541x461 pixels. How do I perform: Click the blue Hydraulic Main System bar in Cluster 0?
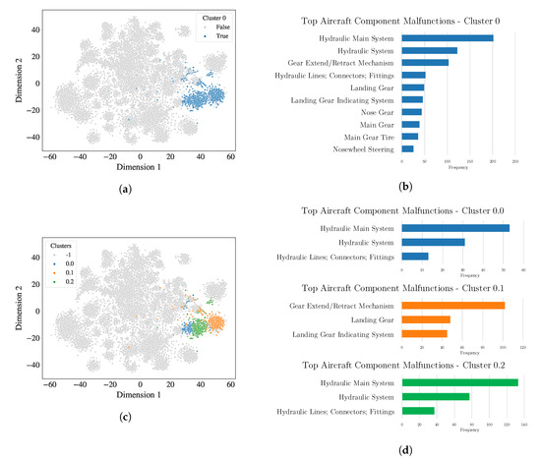447,38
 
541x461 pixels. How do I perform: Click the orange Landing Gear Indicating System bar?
424,334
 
